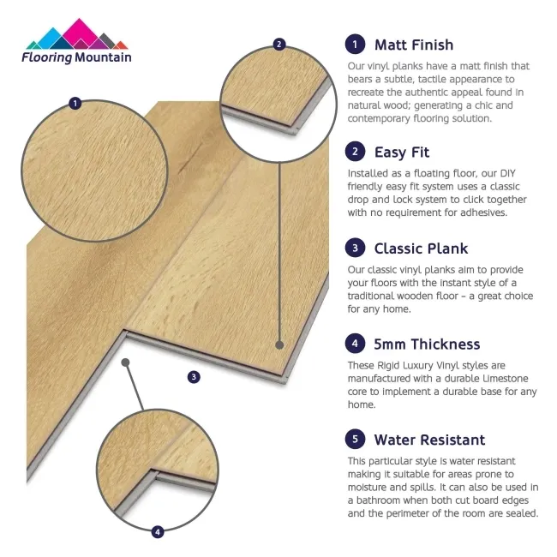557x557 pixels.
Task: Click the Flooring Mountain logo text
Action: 77,57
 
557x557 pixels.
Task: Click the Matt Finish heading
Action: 414,45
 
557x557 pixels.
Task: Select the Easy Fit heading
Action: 402,153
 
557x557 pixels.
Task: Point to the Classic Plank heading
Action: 421,249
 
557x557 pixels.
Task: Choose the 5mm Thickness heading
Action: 427,344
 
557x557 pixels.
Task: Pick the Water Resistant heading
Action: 429,440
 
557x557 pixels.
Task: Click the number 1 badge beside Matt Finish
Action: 354,45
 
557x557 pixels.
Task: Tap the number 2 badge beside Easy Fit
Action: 354,153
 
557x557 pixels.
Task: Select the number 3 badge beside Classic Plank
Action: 354,249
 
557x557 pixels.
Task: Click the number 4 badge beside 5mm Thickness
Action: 354,344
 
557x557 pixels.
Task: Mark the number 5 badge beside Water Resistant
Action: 354,440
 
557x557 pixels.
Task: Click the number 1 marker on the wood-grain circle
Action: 75,104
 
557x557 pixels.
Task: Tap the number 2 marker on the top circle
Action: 278,44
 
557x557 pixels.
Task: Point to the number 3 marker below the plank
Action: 194,376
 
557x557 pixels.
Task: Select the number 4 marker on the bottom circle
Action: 157,532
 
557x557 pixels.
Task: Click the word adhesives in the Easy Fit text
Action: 481,213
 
